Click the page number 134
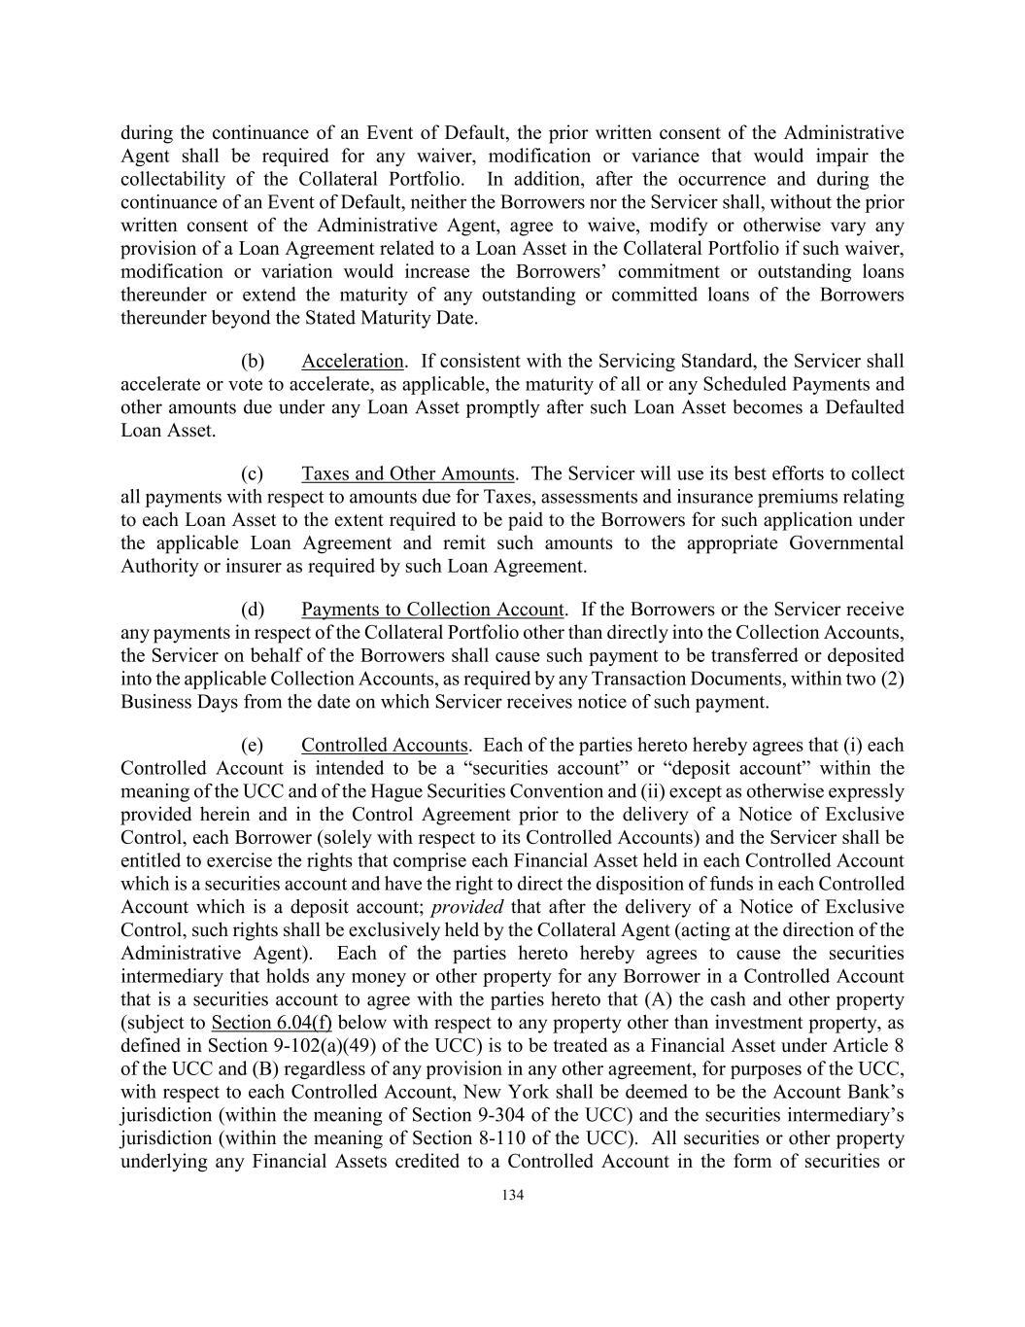pos(512,1196)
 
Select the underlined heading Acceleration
pos(352,362)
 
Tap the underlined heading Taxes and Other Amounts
pos(407,474)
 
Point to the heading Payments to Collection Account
pos(432,610)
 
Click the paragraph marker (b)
pos(253,362)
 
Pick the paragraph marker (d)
pos(253,610)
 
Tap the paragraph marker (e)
pos(253,746)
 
